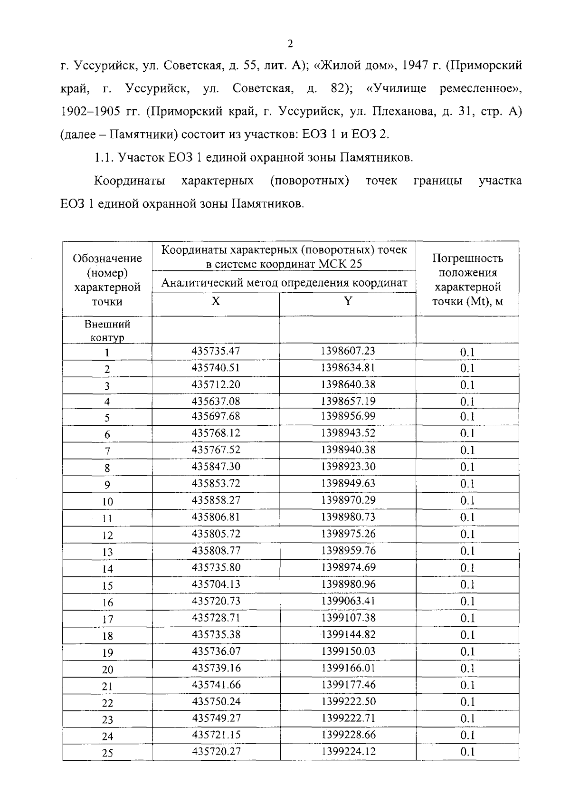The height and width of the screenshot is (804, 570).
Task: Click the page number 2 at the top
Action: coord(290,44)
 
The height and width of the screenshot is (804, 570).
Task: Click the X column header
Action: coord(216,301)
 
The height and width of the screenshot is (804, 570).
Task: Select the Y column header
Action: coord(348,301)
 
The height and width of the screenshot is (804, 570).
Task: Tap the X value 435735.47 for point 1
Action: coord(216,351)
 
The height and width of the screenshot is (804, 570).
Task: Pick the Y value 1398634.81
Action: coord(348,367)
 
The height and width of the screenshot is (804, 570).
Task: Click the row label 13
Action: coord(107,552)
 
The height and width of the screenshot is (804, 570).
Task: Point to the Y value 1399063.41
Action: coord(348,601)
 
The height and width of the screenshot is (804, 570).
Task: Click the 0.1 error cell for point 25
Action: coord(467,752)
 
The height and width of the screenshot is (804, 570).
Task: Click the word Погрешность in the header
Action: coord(467,258)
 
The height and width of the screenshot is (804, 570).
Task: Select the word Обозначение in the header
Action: coord(107,258)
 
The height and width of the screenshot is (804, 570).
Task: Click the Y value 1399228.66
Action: coord(348,735)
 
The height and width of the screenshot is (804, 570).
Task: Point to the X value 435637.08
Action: coord(216,401)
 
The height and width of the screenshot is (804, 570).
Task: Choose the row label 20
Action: coord(107,670)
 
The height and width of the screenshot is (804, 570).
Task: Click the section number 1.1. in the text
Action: coord(104,158)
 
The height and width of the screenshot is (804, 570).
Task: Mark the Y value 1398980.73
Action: coord(348,517)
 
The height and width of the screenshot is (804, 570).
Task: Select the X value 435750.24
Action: coord(216,701)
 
